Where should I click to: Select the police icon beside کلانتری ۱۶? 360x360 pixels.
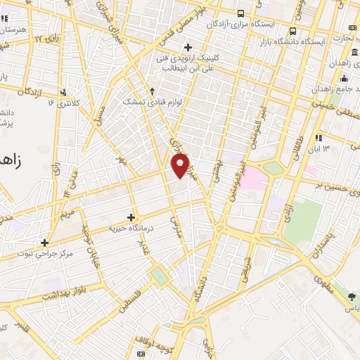click(x=64, y=91)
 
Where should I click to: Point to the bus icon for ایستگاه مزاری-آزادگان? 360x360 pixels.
click(x=242, y=13)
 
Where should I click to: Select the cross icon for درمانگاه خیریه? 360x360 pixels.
click(x=131, y=217)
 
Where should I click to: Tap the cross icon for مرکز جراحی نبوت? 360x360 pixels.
click(x=45, y=242)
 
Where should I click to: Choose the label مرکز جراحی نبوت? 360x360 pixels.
click(x=44, y=253)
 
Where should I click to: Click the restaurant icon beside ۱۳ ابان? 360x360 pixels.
click(x=319, y=137)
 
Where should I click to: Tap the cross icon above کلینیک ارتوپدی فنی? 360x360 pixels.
click(x=187, y=47)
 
